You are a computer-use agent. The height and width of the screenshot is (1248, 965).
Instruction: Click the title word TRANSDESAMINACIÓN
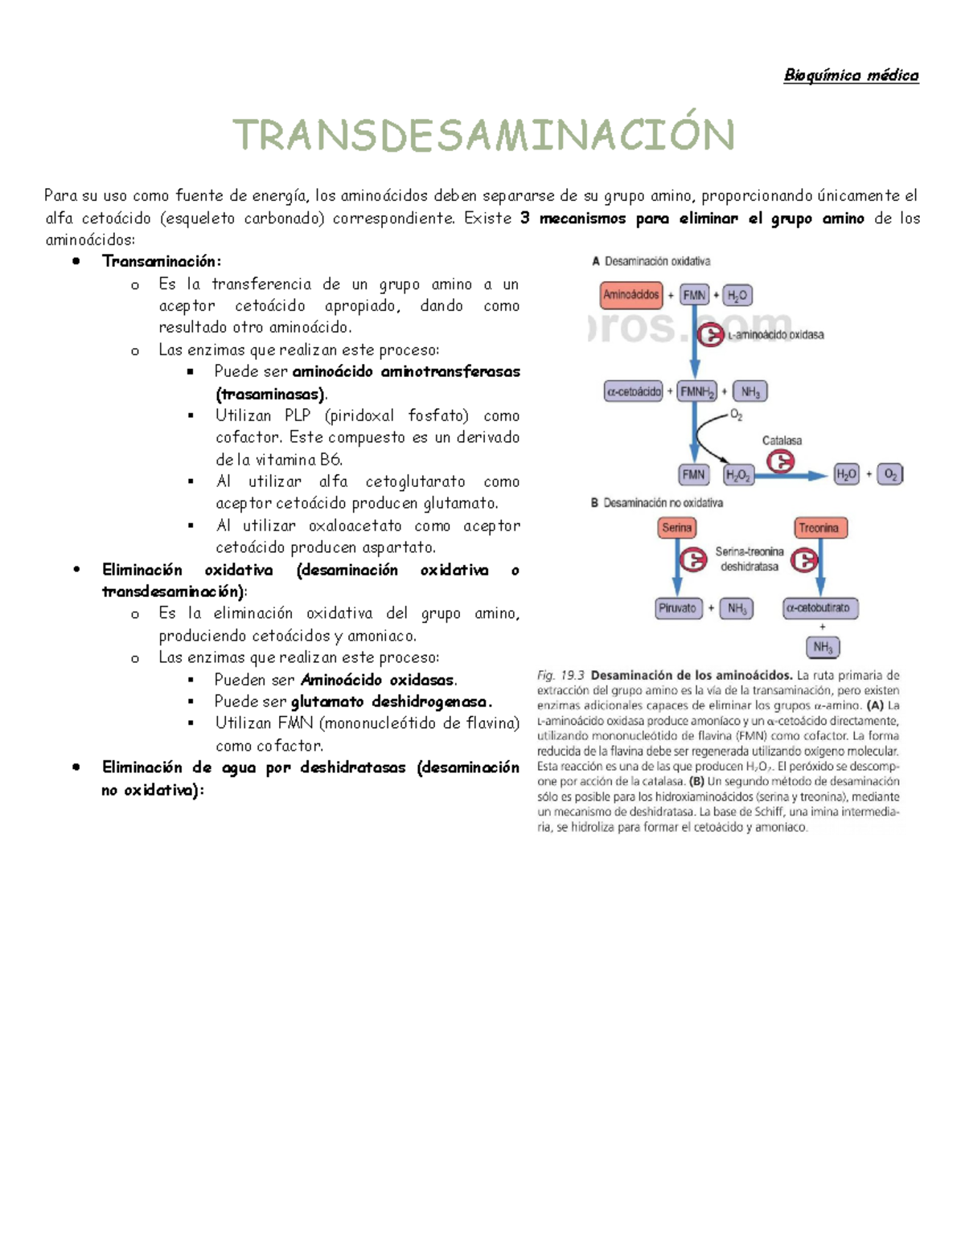point(483,135)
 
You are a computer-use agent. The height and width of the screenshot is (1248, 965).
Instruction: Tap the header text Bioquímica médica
point(851,76)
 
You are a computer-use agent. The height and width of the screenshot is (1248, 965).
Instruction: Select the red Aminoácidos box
point(630,295)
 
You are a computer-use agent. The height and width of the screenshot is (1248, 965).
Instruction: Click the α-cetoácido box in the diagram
point(633,391)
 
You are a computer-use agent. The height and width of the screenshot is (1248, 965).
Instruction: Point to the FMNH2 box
point(696,391)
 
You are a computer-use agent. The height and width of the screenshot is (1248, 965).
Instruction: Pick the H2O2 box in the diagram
point(737,475)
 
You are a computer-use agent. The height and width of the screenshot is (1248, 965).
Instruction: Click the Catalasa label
point(782,440)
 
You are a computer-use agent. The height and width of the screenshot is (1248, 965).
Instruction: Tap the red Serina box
point(676,528)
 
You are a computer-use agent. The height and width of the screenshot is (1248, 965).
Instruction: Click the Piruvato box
point(677,608)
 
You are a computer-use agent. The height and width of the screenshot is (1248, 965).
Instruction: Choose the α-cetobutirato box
point(819,608)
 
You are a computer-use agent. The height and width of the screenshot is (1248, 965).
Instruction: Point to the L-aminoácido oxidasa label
point(775,335)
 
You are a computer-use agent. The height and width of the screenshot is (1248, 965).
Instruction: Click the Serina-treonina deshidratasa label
point(749,559)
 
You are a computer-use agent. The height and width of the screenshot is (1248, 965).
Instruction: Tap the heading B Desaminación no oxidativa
point(657,503)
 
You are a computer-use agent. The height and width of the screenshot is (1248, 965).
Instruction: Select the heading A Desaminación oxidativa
point(651,261)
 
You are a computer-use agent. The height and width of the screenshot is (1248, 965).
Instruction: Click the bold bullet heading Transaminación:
point(161,261)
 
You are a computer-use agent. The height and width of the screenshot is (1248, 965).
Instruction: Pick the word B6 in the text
point(331,460)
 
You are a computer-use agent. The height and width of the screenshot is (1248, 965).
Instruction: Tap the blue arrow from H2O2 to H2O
point(792,475)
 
